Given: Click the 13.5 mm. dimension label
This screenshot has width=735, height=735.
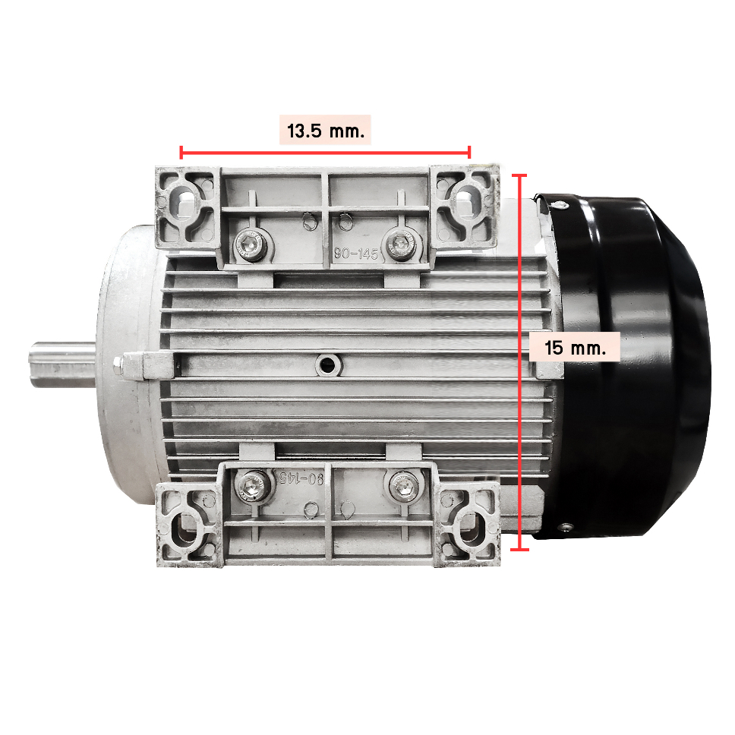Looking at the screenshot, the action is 325,131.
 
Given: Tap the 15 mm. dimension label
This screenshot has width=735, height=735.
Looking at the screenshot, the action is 575,348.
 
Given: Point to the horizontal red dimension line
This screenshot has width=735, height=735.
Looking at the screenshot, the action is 325,153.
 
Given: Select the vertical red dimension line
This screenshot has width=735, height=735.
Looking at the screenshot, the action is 520,362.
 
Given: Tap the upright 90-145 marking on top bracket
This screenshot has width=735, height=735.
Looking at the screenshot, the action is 355,254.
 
